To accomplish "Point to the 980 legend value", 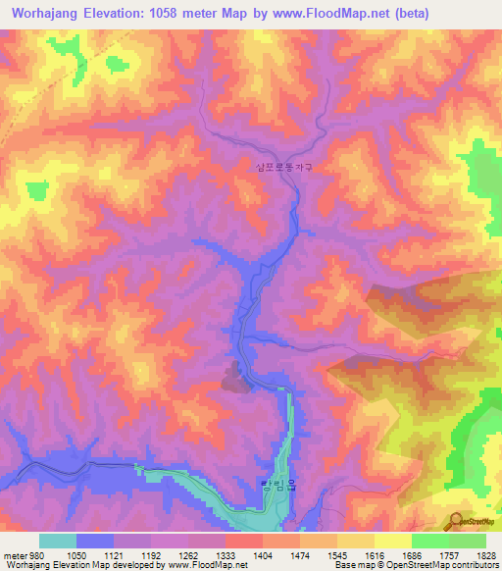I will coord(37,554).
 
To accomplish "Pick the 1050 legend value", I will coord(75,554).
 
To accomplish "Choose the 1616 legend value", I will coord(375,554).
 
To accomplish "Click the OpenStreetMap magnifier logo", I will coord(458,521).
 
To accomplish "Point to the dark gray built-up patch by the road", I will coord(233,376).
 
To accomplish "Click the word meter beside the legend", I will coord(14,554).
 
